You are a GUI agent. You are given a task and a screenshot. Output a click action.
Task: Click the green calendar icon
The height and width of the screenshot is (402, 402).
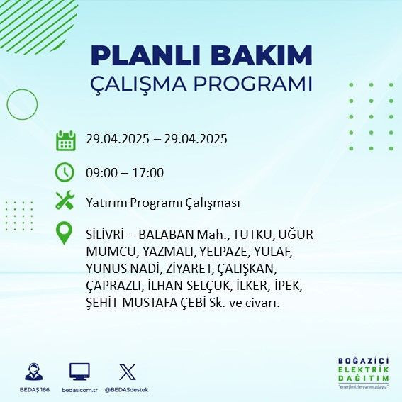[65, 140]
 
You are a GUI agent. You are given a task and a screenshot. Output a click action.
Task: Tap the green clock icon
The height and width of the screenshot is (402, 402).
[65, 172]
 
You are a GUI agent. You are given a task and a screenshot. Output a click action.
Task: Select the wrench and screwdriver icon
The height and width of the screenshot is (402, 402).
[65, 201]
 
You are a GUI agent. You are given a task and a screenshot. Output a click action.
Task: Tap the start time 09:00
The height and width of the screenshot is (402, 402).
[100, 172]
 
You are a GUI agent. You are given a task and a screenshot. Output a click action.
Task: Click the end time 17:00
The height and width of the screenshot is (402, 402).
[149, 172]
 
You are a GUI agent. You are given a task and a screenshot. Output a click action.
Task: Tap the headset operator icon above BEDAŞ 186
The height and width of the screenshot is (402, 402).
[33, 372]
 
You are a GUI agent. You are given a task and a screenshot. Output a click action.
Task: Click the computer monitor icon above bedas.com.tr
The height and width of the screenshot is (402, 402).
[79, 372]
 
